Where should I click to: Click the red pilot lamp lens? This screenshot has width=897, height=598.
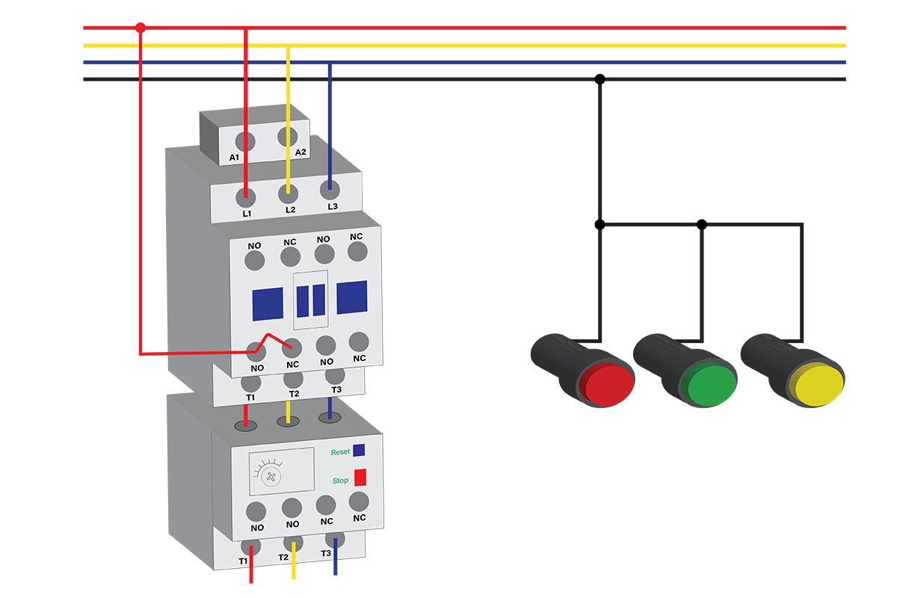pyautogui.click(x=609, y=385)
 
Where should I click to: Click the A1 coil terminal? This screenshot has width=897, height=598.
pyautogui.click(x=245, y=141)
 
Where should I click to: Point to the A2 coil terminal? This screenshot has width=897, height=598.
pyautogui.click(x=288, y=137)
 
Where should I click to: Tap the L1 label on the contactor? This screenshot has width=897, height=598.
pyautogui.click(x=247, y=214)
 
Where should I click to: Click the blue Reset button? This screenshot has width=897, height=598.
pyautogui.click(x=359, y=450)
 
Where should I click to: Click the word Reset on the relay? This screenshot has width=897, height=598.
pyautogui.click(x=340, y=452)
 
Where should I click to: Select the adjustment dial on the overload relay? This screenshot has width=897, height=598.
pyautogui.click(x=271, y=477)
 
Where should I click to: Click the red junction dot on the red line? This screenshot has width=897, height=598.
pyautogui.click(x=141, y=28)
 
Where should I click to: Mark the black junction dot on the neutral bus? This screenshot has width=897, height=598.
pyautogui.click(x=599, y=79)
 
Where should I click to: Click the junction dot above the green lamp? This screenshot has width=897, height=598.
pyautogui.click(x=702, y=225)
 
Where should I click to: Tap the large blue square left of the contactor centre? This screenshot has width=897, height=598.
pyautogui.click(x=268, y=303)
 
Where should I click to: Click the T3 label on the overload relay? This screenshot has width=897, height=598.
pyautogui.click(x=326, y=553)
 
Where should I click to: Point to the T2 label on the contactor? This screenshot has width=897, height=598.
pyautogui.click(x=294, y=394)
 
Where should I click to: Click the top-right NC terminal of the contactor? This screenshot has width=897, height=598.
pyautogui.click(x=357, y=252)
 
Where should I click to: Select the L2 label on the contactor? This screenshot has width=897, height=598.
pyautogui.click(x=290, y=209)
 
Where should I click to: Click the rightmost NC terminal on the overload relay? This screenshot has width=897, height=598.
pyautogui.click(x=359, y=502)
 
